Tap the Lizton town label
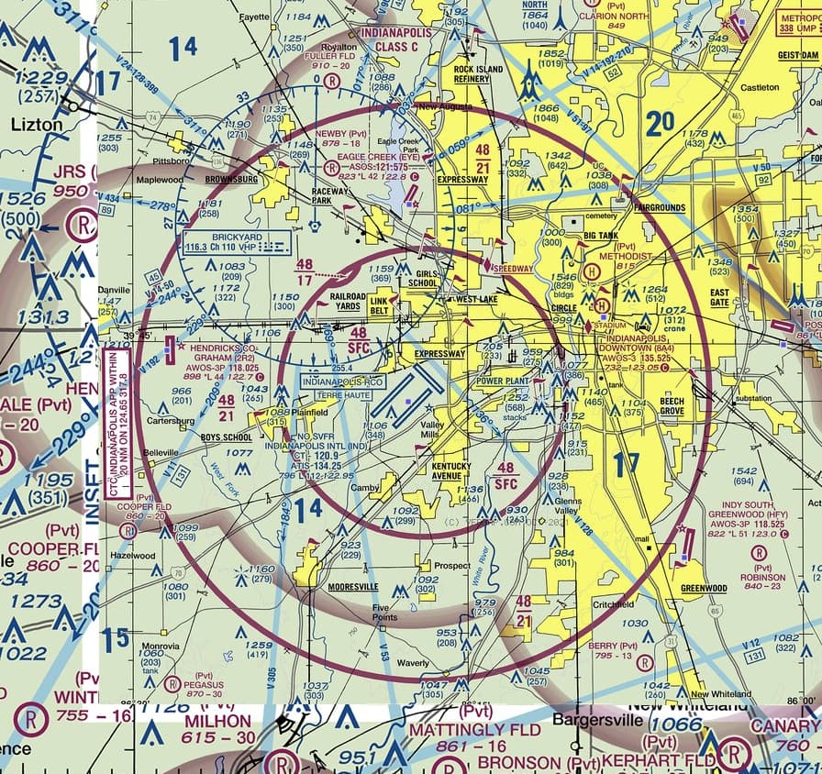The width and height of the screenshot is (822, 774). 38,124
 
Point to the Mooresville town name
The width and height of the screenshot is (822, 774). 352,585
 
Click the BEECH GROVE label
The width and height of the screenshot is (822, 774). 672,406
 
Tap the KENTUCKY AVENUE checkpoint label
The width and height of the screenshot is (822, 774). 451,470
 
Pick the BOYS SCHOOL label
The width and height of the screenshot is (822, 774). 227,437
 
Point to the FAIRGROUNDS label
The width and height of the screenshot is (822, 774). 660,208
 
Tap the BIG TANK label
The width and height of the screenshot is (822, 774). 601,236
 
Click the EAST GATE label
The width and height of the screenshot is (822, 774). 719,298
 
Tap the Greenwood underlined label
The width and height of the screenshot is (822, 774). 704,588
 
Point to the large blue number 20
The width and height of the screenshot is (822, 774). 660,124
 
